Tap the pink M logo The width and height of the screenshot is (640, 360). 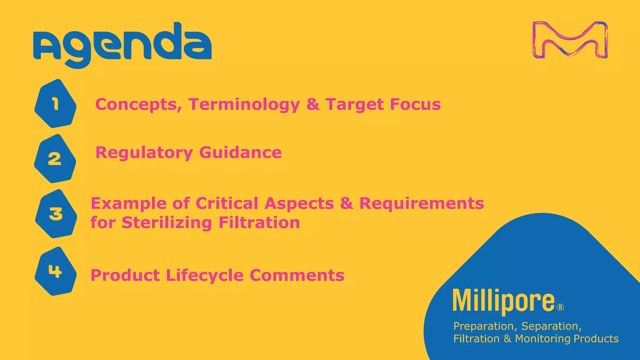570,40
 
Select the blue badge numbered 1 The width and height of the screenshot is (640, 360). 55,104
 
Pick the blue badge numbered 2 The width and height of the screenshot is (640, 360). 55,159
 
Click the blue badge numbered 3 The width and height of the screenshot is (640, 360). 56,214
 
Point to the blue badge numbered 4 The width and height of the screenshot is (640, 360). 55,271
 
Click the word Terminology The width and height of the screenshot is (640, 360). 244,105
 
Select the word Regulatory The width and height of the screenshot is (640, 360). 144,153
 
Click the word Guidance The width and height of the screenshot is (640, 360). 240,153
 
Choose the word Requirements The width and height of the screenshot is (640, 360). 422,203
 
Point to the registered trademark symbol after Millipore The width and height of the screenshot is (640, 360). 561,307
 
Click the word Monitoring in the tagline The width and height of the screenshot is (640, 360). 543,339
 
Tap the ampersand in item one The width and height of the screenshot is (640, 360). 313,104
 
